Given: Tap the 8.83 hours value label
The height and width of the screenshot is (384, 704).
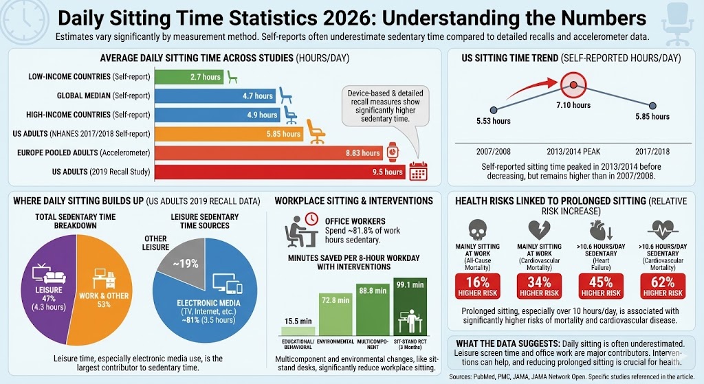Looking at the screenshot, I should (361, 153).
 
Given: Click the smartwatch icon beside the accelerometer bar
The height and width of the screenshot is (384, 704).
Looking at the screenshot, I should (392, 152).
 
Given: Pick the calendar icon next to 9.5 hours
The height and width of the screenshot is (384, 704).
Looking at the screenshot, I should (418, 172).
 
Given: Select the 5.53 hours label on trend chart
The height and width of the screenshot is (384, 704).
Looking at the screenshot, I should (493, 122).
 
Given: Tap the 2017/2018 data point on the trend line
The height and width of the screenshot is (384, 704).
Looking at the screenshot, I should (651, 105).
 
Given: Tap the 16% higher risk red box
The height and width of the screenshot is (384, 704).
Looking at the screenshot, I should (476, 285).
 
